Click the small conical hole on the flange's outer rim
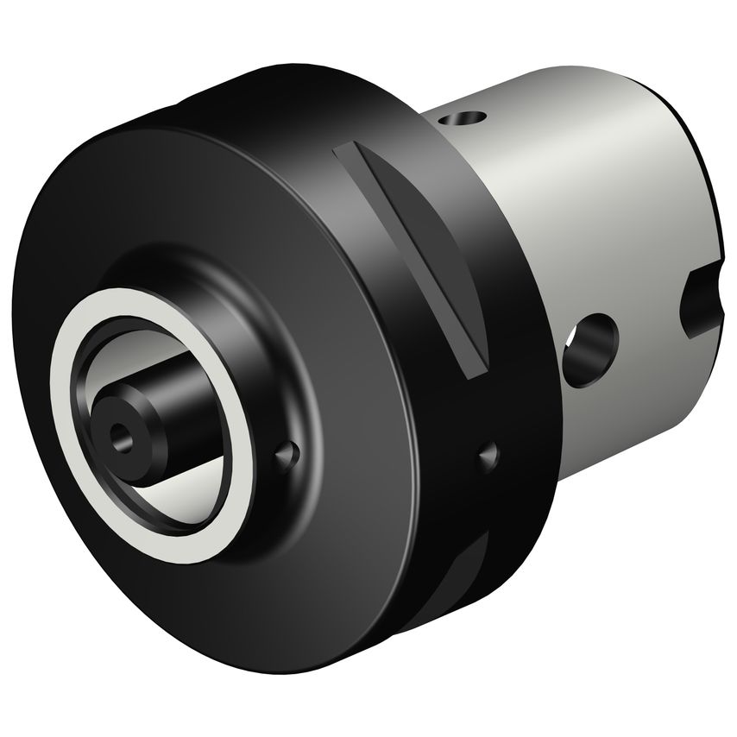pos(489,451)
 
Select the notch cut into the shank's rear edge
pos(701,302)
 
